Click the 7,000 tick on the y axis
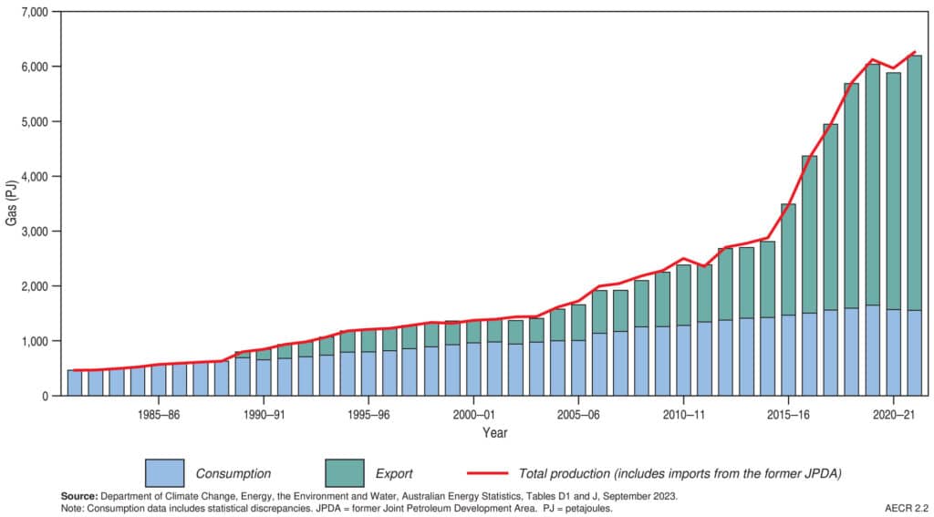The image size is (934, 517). (36, 13)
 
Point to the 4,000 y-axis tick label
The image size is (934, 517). (36, 177)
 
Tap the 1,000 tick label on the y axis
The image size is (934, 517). (36, 341)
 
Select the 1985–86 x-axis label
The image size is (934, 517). (159, 413)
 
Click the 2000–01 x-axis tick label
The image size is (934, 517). (473, 413)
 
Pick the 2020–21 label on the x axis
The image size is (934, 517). (894, 413)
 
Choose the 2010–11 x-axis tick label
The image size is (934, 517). (683, 413)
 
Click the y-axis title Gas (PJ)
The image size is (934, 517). (10, 204)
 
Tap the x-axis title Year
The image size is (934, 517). (495, 431)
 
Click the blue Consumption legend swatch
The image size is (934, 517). (164, 473)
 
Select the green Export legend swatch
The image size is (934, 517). (344, 473)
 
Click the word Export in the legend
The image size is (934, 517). (394, 474)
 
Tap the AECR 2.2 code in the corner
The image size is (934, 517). (907, 508)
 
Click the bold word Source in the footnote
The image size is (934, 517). (79, 496)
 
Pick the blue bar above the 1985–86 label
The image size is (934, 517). (159, 379)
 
